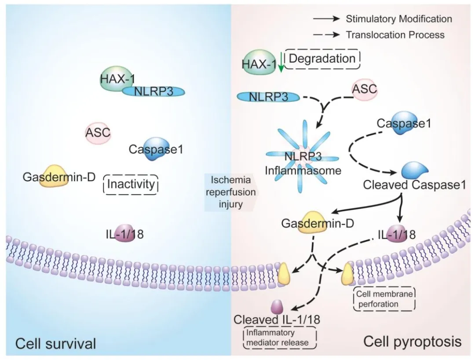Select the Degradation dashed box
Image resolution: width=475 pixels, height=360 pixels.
click(x=322, y=59)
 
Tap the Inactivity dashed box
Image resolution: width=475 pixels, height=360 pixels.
click(x=130, y=184)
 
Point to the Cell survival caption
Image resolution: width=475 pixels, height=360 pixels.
click(x=55, y=343)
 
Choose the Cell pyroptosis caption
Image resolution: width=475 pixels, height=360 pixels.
click(x=412, y=342)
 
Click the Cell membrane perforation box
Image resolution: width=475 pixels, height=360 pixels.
click(x=384, y=299)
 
